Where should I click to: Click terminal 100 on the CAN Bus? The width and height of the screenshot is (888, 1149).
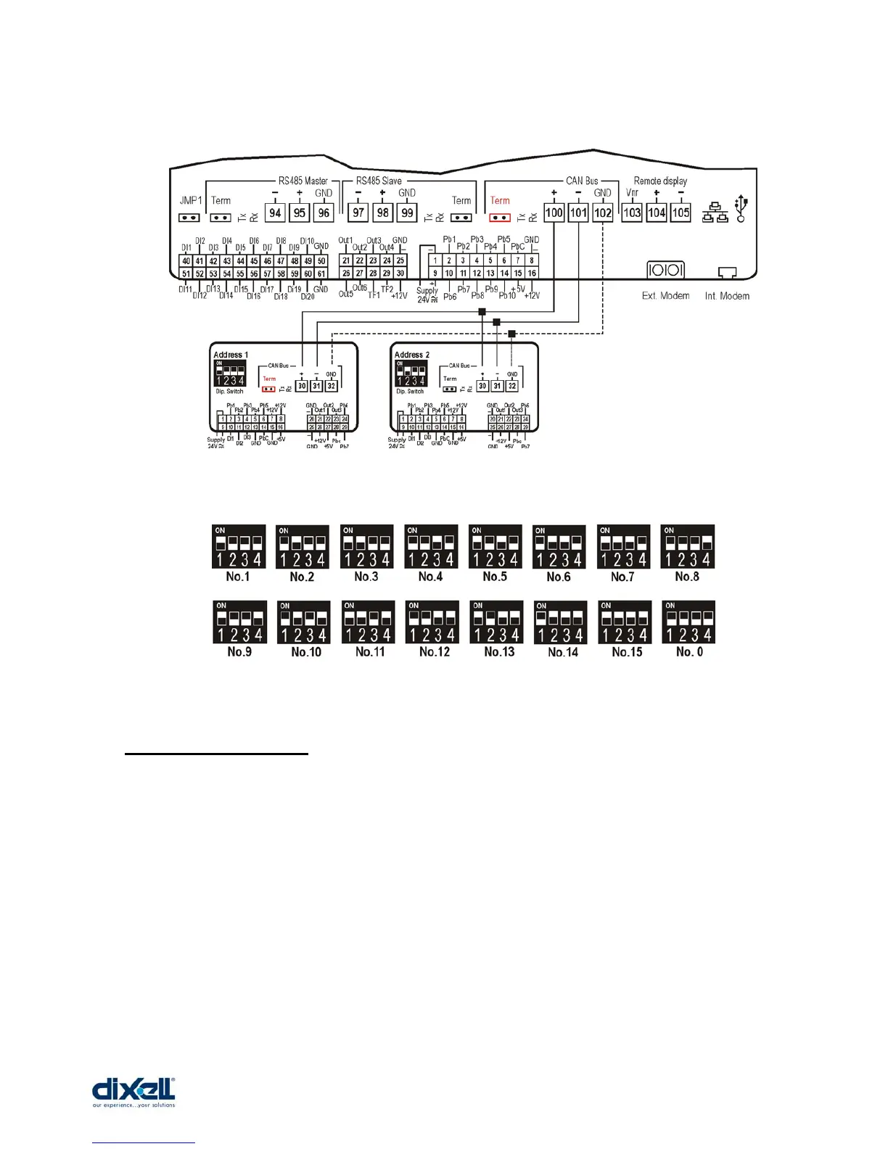pyautogui.click(x=554, y=213)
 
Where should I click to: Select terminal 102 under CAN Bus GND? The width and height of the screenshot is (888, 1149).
pyautogui.click(x=603, y=213)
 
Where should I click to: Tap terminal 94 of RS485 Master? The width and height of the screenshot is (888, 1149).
pyautogui.click(x=275, y=213)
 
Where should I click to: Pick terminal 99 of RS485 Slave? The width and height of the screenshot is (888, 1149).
pyautogui.click(x=407, y=213)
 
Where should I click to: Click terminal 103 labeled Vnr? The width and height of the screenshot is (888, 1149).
pyautogui.click(x=632, y=213)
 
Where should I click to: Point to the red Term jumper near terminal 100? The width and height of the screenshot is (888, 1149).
pyautogui.click(x=499, y=218)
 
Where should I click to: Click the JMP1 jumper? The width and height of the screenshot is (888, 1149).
pyautogui.click(x=189, y=218)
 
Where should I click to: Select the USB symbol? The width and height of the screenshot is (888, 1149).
pyautogui.click(x=741, y=207)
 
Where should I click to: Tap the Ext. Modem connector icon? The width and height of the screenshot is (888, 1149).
pyautogui.click(x=665, y=270)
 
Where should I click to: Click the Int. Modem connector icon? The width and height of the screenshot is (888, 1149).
pyautogui.click(x=726, y=273)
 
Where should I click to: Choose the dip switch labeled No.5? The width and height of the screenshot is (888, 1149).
pyautogui.click(x=495, y=546)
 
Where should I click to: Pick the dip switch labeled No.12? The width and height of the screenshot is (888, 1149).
pyautogui.click(x=432, y=622)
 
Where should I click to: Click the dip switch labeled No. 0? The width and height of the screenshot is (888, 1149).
pyautogui.click(x=688, y=622)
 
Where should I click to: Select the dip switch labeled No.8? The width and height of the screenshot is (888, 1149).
pyautogui.click(x=687, y=546)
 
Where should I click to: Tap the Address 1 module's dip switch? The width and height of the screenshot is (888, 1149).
pyautogui.click(x=229, y=373)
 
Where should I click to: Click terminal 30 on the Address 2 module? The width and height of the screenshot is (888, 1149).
pyautogui.click(x=482, y=386)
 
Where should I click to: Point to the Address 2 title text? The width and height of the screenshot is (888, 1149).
pyautogui.click(x=411, y=355)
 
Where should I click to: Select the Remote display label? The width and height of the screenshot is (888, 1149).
pyautogui.click(x=660, y=181)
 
